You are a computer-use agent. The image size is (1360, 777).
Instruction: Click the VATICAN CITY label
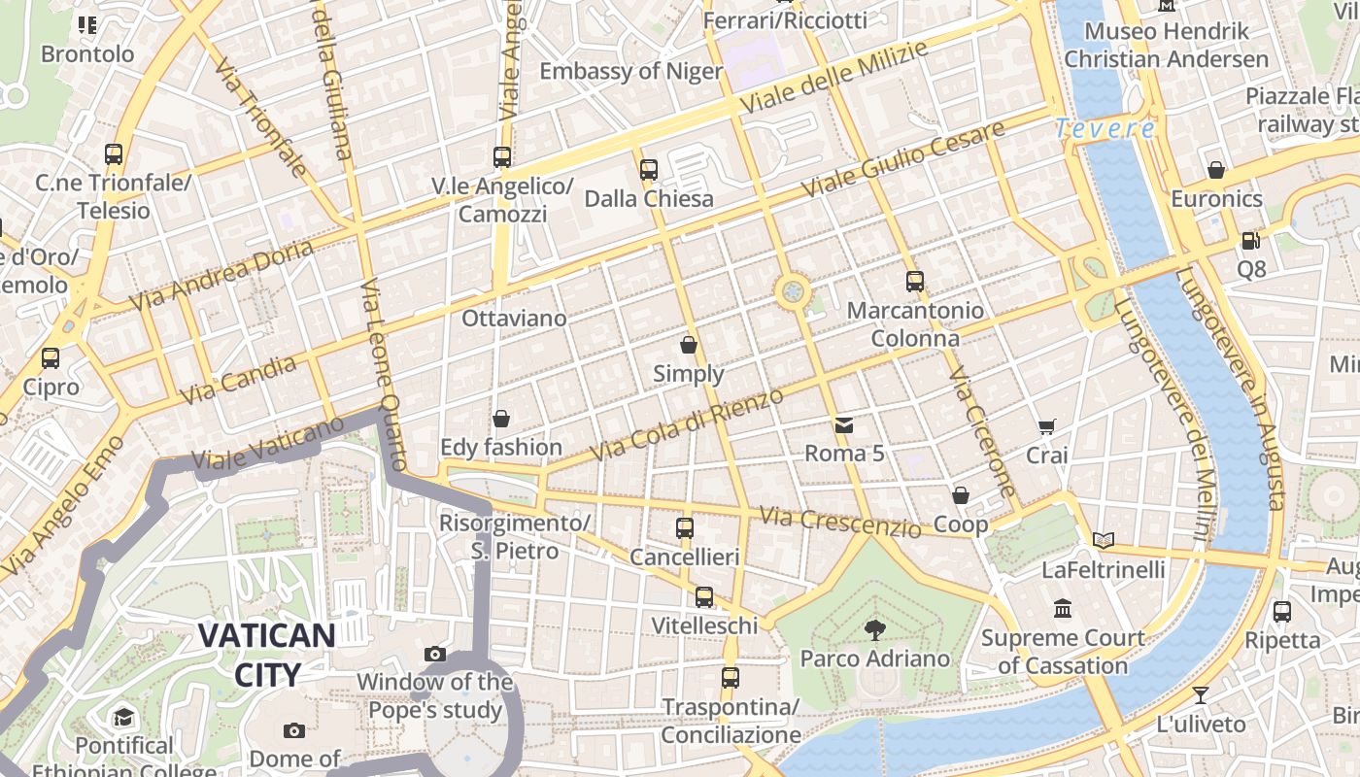267,654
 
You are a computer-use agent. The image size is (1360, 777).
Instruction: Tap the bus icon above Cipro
51,358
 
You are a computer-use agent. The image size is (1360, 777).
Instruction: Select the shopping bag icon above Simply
689,345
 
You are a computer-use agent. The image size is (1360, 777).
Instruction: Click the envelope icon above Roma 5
843,424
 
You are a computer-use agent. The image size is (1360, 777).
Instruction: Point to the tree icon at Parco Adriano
874,629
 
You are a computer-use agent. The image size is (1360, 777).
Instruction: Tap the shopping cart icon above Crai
1046,426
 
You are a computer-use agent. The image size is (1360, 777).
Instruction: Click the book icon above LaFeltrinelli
1103,540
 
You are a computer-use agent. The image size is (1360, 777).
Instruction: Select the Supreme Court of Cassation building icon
1063,609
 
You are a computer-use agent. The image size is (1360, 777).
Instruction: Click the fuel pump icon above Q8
1250,239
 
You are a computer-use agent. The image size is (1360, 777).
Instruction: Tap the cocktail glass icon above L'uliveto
1201,694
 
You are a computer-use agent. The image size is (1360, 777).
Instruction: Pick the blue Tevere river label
1105,128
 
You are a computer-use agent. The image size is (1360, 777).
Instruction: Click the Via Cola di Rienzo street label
686,425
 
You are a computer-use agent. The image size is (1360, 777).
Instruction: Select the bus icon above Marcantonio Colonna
915,282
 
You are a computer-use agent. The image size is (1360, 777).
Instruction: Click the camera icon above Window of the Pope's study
435,654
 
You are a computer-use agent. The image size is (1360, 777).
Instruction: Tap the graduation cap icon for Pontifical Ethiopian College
123,718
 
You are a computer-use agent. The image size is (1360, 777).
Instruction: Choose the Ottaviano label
514,319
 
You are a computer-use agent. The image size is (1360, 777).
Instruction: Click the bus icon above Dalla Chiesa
649,170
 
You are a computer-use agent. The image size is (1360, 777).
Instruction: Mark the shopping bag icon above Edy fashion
501,419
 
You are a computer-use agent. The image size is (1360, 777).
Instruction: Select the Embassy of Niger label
630,71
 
